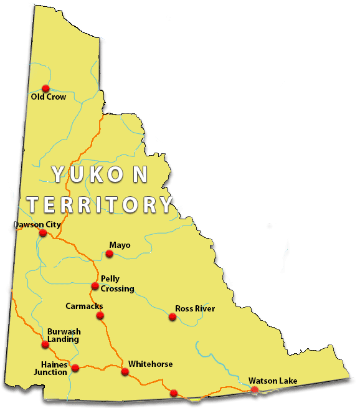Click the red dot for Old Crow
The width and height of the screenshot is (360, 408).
(45, 88)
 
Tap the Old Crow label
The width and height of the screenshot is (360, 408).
(49, 97)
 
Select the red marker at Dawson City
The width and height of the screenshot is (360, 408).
(43, 233)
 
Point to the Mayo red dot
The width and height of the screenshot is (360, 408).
(110, 254)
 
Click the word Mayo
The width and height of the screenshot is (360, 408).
(120, 245)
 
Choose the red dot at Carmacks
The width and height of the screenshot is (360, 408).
(100, 316)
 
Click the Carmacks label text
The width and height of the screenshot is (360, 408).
(84, 306)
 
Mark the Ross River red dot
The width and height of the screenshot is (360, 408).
(173, 317)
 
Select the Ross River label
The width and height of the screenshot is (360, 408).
(195, 308)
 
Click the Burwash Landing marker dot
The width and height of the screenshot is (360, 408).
(45, 344)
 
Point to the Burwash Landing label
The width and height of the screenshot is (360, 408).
(63, 335)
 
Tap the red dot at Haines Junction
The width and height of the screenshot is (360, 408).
(75, 368)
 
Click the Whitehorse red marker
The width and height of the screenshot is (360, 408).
(125, 372)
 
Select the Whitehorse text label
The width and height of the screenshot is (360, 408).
(150, 364)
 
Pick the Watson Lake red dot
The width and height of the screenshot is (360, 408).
(254, 390)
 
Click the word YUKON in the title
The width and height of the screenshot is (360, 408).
(100, 175)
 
